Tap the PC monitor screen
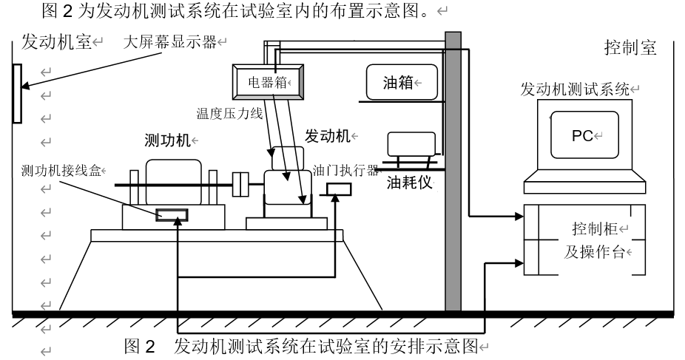point(584,136)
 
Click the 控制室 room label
point(630,49)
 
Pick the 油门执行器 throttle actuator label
point(345,169)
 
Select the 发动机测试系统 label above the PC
point(574,90)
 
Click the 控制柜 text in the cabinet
point(593,227)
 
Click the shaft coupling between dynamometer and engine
point(240,183)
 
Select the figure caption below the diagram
point(303,347)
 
